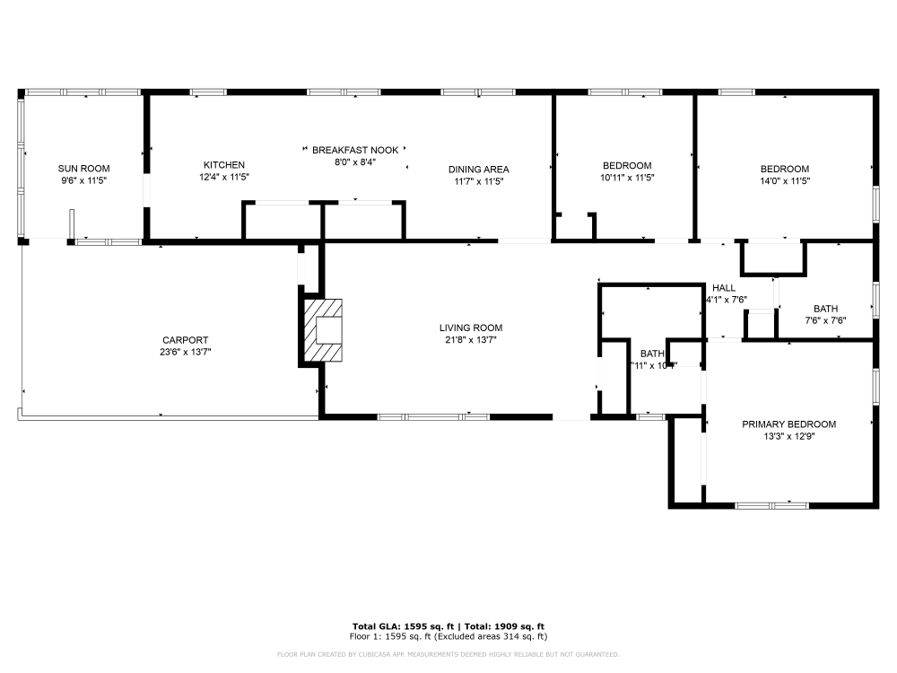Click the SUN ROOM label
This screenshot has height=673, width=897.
tap(83, 168)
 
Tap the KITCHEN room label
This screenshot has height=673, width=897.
tap(223, 165)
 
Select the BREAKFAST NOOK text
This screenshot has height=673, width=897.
tap(355, 150)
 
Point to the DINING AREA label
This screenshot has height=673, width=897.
tap(479, 170)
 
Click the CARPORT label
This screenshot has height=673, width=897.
tap(185, 340)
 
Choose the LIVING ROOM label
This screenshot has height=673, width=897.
tap(470, 328)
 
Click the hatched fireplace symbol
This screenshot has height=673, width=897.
tap(323, 330)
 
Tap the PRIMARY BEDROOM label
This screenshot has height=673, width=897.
tap(788, 424)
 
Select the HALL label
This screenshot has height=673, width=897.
tap(724, 288)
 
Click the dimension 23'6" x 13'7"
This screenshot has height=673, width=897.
tap(185, 352)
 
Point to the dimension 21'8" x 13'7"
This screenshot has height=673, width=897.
tap(470, 340)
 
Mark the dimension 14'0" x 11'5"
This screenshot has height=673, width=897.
tap(785, 180)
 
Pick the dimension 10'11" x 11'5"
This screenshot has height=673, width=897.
tap(627, 178)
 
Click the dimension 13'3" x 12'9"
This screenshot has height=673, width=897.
tap(788, 437)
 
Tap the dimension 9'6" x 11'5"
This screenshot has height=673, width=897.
tap(83, 180)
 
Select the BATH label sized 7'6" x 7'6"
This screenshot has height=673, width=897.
tap(825, 309)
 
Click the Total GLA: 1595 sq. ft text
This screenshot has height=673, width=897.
tap(403, 626)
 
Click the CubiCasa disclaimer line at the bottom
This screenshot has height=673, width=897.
tap(448, 654)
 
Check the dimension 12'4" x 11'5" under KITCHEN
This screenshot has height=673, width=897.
tap(223, 178)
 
